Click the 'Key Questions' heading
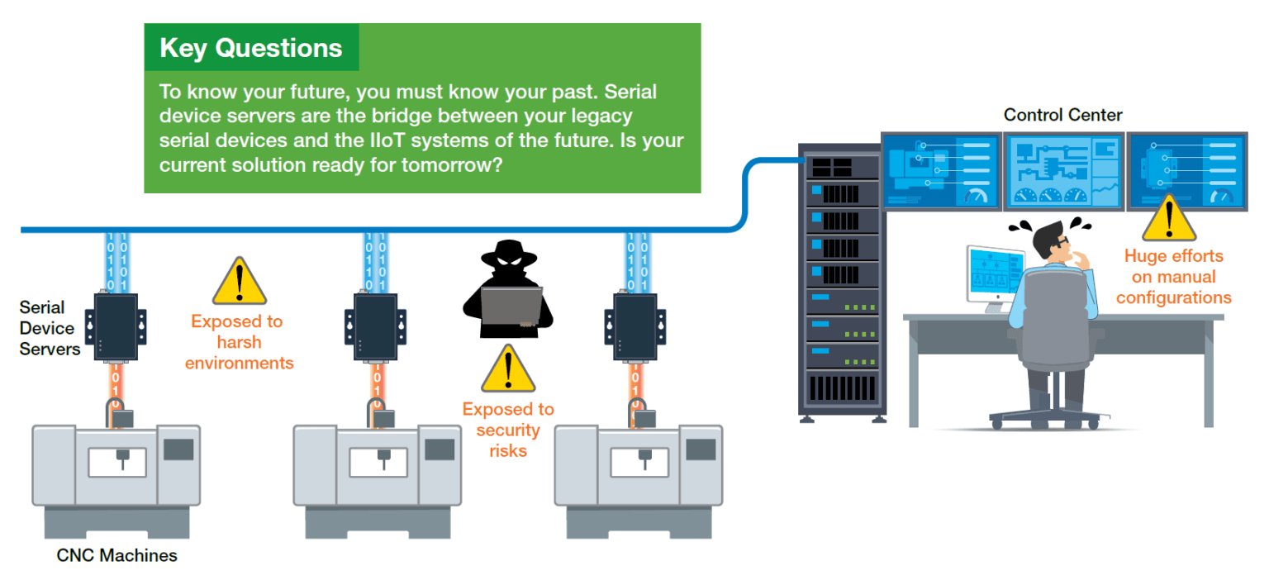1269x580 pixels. (250, 48)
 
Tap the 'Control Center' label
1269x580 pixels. (1062, 115)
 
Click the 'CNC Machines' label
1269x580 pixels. (116, 555)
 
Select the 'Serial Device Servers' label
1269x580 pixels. (49, 328)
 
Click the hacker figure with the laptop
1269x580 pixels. (506, 290)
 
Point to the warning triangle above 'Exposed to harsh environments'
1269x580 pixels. (239, 283)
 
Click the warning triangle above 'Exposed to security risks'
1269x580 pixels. (508, 369)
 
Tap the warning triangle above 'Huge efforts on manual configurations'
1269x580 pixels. (1169, 218)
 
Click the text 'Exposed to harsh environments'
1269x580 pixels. (238, 342)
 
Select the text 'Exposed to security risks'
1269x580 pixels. (508, 430)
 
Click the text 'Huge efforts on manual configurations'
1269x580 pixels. (1173, 277)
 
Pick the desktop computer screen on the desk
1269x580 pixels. (994, 275)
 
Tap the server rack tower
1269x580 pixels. (840, 281)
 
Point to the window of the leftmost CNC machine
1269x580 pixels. (117, 462)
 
